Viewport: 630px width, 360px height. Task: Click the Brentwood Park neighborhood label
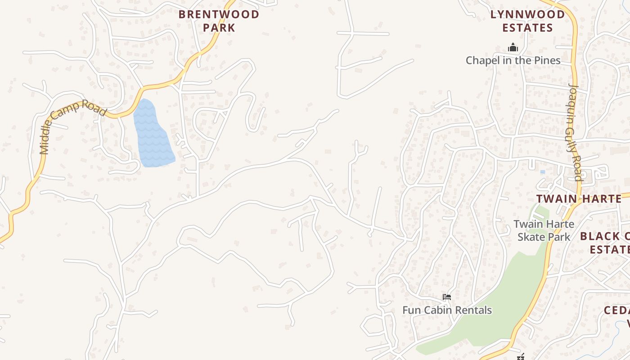(x=219, y=21)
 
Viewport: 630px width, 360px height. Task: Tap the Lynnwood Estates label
(x=527, y=21)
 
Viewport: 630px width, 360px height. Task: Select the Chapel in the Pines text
(x=513, y=60)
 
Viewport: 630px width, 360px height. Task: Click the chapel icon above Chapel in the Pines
(x=513, y=47)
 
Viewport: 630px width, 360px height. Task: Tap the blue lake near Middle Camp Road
(x=153, y=135)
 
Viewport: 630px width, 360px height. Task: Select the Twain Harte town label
(x=579, y=198)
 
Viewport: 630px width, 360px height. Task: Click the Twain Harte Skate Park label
(x=544, y=230)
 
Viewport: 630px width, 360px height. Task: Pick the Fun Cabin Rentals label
(x=447, y=310)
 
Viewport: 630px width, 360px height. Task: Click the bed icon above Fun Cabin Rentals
(x=447, y=297)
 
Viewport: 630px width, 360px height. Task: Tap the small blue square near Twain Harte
(x=542, y=172)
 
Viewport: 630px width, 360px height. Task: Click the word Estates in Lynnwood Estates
(x=527, y=28)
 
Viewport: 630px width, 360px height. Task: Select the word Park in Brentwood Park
(x=219, y=28)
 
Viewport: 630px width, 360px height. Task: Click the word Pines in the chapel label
(x=546, y=60)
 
